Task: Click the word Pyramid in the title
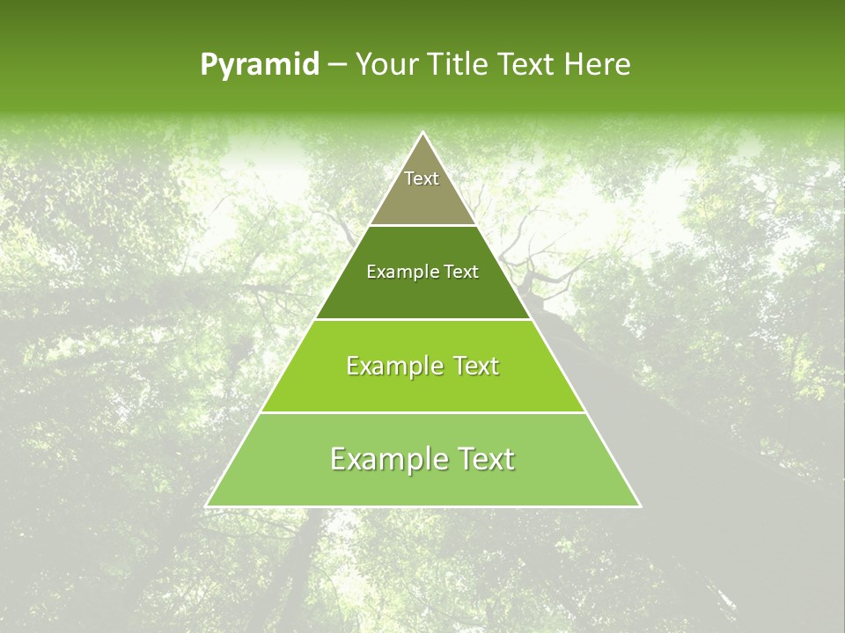(x=260, y=65)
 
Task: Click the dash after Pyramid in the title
(x=337, y=65)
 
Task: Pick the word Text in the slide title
(x=526, y=64)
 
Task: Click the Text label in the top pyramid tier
(x=422, y=178)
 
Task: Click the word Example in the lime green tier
(x=393, y=366)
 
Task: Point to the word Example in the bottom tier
(x=384, y=459)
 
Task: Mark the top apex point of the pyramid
(x=423, y=132)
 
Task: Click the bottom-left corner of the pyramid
(x=206, y=506)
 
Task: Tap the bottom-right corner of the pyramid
(x=640, y=506)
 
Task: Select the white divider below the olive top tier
(x=423, y=225)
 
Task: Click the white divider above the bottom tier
(x=423, y=412)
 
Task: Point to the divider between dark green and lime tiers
(x=423, y=319)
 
